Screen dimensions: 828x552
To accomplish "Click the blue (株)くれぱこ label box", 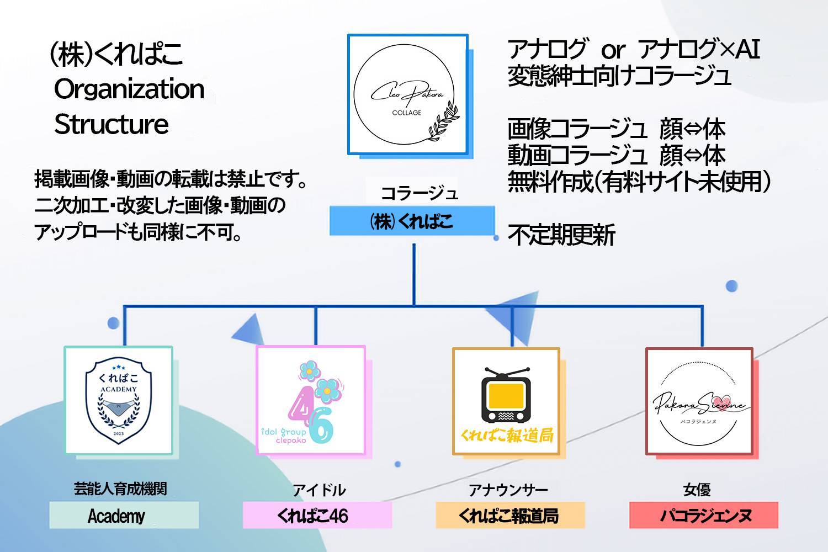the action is tap(412, 221).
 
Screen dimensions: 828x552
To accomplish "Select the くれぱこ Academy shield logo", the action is tap(119, 400).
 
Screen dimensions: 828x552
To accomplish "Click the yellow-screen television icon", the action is tap(506, 395).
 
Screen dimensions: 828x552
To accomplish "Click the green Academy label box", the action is tap(124, 515).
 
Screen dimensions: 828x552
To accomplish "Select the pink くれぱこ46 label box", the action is tap(317, 515).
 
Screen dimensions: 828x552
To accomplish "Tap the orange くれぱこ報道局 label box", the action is tap(510, 515).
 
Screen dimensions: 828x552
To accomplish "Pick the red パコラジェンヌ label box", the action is tap(704, 515).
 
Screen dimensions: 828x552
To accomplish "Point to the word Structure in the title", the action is tap(112, 124).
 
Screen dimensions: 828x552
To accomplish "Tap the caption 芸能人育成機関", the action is tap(120, 489).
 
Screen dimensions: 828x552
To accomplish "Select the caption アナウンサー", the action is tap(508, 490).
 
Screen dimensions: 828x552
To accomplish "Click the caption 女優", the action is tap(697, 490).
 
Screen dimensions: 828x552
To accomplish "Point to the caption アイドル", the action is tap(320, 490).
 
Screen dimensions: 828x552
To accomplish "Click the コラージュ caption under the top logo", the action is tap(420, 193).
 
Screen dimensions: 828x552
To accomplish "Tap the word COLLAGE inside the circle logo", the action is tap(407, 113).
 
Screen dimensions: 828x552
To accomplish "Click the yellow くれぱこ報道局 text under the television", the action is tap(507, 436).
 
